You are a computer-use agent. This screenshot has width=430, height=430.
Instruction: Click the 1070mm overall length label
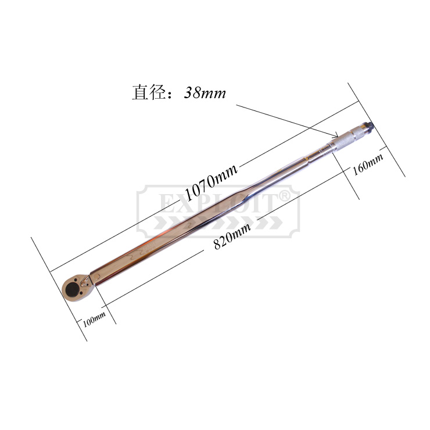[211, 182]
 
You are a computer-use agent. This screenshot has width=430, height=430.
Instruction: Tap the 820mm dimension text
[232, 236]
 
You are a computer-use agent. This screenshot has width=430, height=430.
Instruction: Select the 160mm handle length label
[368, 164]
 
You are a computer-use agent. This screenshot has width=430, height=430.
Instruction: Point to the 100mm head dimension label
[94, 319]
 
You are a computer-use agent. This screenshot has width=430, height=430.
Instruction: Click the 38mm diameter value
[205, 93]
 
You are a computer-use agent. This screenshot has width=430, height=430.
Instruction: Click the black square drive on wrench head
[72, 289]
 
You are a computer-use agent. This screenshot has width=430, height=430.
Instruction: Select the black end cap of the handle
[370, 126]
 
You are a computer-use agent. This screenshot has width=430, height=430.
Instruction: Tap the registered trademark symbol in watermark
[284, 196]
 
